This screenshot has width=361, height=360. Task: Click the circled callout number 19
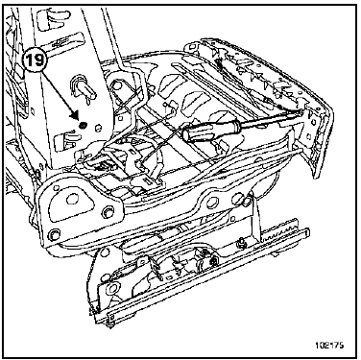click(x=35, y=60)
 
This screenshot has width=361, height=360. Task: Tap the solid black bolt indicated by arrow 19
click(x=83, y=125)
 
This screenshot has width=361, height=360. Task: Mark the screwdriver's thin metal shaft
click(x=272, y=116)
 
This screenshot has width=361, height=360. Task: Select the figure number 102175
click(x=328, y=346)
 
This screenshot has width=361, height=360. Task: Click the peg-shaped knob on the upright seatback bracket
click(x=84, y=88)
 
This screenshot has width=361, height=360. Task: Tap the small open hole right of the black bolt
click(x=99, y=128)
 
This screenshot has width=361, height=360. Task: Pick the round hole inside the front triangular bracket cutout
click(x=72, y=200)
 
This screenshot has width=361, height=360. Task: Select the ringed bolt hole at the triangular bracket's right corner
click(x=107, y=212)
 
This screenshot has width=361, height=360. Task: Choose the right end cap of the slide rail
click(x=307, y=231)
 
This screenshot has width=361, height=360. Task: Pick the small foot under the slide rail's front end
click(x=111, y=325)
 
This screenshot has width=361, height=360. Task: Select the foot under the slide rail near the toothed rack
click(x=276, y=254)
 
